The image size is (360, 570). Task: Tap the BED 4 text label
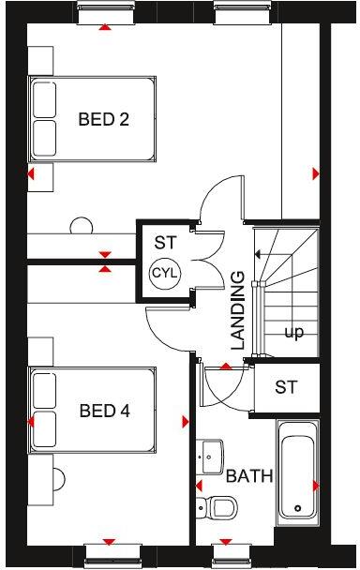[103, 411]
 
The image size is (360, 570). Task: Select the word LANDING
[238, 311]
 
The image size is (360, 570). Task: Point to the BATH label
[249, 476]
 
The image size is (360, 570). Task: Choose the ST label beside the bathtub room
[287, 386]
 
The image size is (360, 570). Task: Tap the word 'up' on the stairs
[293, 332]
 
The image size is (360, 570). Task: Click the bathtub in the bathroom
[297, 472]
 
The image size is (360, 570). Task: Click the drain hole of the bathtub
[298, 510]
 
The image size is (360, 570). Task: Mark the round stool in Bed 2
[81, 226]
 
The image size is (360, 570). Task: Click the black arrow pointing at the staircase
[256, 254]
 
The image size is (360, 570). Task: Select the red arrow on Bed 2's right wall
[315, 173]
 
